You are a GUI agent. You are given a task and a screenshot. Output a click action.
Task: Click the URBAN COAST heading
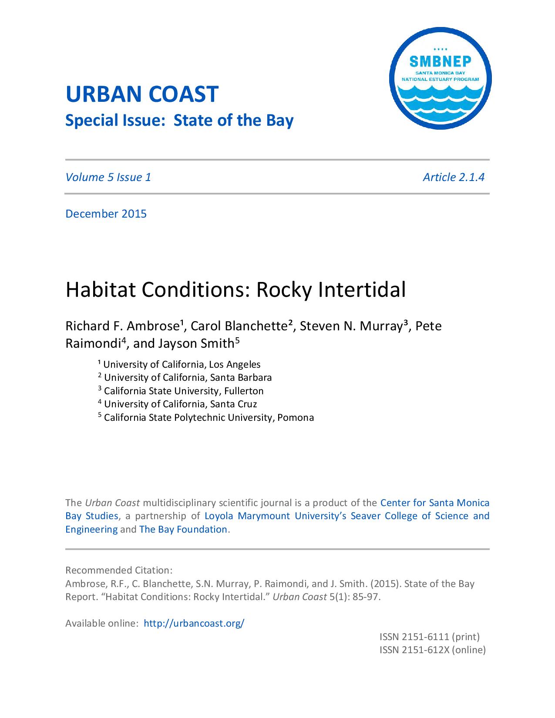(x=141, y=94)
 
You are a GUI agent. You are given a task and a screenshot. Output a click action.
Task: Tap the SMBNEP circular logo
(x=440, y=79)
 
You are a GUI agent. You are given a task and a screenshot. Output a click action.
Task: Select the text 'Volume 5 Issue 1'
(x=108, y=177)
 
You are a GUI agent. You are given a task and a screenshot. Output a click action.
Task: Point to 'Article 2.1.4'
(x=453, y=177)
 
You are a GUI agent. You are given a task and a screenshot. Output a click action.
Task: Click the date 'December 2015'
(x=106, y=214)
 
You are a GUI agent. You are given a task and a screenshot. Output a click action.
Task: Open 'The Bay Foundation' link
(x=183, y=529)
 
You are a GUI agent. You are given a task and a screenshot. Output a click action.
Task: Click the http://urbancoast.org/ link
(x=194, y=623)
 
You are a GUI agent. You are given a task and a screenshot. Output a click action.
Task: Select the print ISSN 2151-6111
(x=429, y=637)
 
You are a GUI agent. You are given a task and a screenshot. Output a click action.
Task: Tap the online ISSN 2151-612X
(x=432, y=650)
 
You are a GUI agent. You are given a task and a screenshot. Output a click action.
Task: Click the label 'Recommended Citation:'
(x=119, y=570)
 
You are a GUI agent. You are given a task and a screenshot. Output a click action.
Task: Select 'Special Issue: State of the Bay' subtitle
(x=179, y=120)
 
